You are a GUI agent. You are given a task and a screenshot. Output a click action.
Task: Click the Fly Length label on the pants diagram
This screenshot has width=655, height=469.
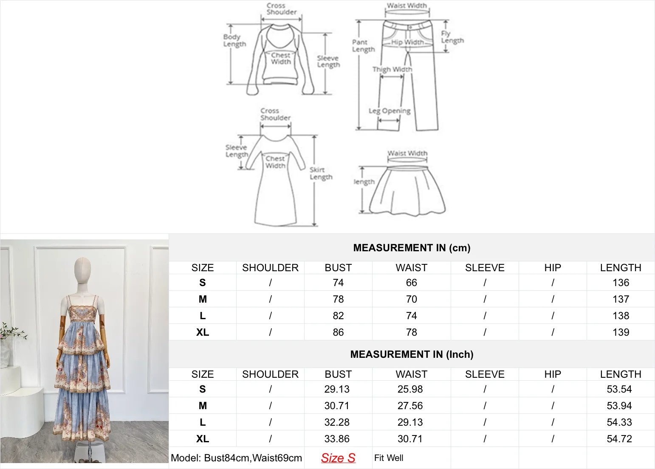(x=452, y=37)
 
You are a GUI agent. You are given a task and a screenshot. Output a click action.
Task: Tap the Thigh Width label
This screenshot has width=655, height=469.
(x=392, y=69)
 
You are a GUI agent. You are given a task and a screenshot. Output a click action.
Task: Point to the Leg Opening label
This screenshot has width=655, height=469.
(x=390, y=111)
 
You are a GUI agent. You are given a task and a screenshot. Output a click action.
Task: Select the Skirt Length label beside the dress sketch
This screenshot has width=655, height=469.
(x=321, y=173)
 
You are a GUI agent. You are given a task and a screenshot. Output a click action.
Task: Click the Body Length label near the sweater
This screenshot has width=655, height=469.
(x=234, y=40)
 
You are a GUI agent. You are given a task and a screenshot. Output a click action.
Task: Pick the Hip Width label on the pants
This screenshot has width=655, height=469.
(x=407, y=42)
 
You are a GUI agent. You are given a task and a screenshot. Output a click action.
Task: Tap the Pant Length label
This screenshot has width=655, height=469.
(x=363, y=45)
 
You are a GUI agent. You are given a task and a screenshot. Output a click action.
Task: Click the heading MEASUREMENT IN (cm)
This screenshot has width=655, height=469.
(x=412, y=248)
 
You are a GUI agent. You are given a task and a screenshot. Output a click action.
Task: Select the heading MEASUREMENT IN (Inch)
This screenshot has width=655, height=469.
(x=412, y=354)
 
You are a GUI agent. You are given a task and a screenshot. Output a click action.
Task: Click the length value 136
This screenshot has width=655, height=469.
(x=621, y=283)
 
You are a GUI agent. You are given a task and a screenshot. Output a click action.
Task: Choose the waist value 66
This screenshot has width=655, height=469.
(x=411, y=283)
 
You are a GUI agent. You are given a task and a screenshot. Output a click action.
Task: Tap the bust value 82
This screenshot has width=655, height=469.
(x=338, y=316)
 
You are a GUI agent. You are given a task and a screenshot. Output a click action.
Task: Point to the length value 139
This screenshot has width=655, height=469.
(x=621, y=332)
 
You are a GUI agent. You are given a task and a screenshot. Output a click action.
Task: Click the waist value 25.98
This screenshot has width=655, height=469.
(x=410, y=389)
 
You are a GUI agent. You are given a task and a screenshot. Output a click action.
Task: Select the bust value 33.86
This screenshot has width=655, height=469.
(x=337, y=439)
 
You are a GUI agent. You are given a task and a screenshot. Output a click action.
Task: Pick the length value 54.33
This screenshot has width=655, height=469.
(x=619, y=422)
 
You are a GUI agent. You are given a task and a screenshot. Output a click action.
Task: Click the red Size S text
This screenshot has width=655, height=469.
(x=338, y=458)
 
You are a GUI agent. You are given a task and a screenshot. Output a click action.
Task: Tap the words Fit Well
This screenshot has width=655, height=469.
(x=389, y=458)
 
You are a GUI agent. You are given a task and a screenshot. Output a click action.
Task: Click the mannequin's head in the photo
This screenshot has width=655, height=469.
(x=82, y=269)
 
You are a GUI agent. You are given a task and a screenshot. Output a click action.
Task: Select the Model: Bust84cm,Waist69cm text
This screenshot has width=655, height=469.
(x=236, y=458)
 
